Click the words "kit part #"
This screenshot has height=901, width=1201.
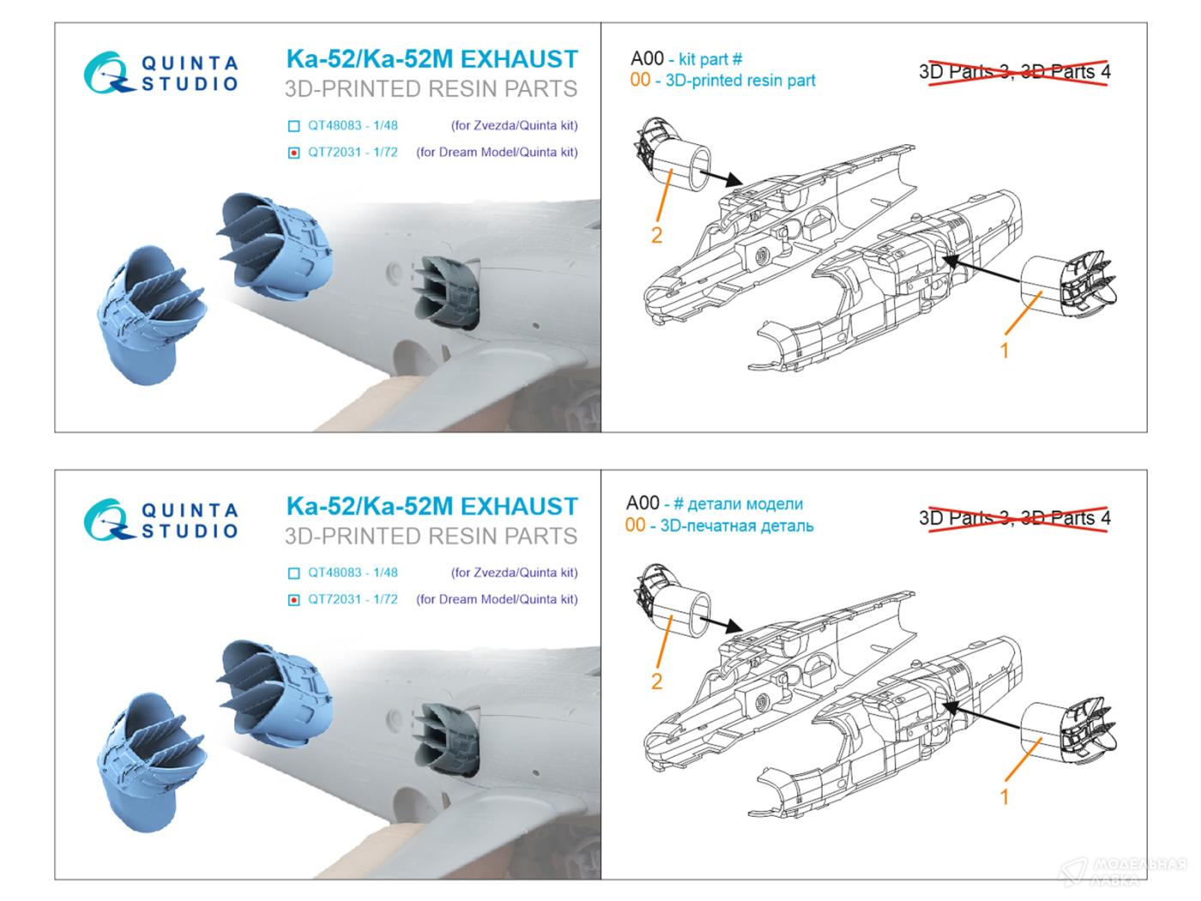tap(710, 59)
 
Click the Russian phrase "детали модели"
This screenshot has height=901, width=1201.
tap(745, 504)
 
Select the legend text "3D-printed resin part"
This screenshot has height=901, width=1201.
tap(740, 81)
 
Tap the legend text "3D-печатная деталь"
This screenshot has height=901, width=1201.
tap(737, 526)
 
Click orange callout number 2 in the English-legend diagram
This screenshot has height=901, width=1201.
tap(656, 235)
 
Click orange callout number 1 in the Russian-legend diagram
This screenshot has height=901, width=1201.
tap(1005, 797)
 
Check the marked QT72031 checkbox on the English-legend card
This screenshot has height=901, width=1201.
tap(294, 154)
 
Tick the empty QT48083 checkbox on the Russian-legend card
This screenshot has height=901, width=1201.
tap(294, 572)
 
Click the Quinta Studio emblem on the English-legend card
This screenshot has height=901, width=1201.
tap(108, 73)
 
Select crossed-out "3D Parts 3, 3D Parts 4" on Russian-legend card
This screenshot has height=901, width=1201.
tap(1015, 517)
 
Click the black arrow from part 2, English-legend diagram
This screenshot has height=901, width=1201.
tap(721, 177)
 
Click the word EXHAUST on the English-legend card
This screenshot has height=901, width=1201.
tap(519, 59)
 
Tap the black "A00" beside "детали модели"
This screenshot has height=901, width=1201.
tap(643, 503)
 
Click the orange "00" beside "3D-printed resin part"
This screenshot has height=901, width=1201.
tap(640, 80)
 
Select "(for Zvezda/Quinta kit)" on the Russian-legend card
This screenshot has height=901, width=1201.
tap(515, 572)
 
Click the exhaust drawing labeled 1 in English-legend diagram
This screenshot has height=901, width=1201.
tap(1067, 286)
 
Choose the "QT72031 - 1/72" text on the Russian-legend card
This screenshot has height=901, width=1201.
tap(353, 599)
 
